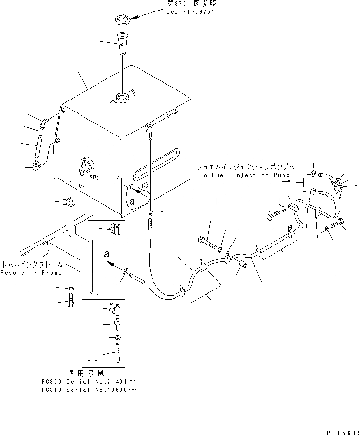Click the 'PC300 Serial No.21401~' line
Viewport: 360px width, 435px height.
pos(89,382)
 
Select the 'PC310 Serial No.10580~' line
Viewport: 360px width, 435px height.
pos(89,390)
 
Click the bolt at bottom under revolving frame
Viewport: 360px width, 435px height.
pos(71,302)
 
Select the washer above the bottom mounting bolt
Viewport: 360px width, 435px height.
pos(71,289)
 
